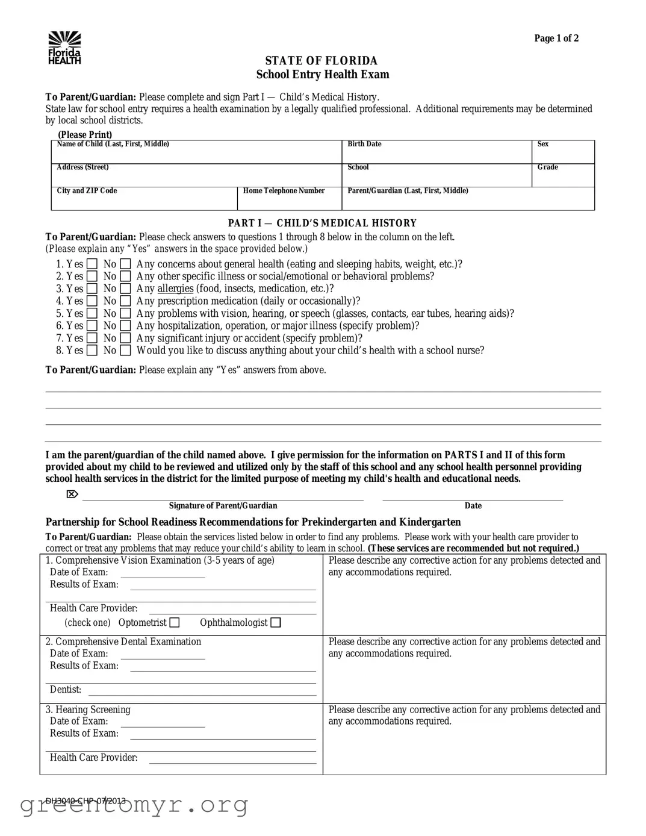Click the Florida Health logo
64,48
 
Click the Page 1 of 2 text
556,39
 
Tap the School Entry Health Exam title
322,75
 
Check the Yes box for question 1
92,264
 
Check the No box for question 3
125,289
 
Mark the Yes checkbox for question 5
92,313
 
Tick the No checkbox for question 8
125,351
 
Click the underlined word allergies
175,289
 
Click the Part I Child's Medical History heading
322,223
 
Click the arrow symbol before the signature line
72,494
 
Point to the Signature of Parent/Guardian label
223,506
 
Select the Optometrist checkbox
175,623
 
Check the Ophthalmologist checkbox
276,623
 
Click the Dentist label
65,690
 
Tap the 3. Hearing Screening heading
88,710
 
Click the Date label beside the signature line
473,506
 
